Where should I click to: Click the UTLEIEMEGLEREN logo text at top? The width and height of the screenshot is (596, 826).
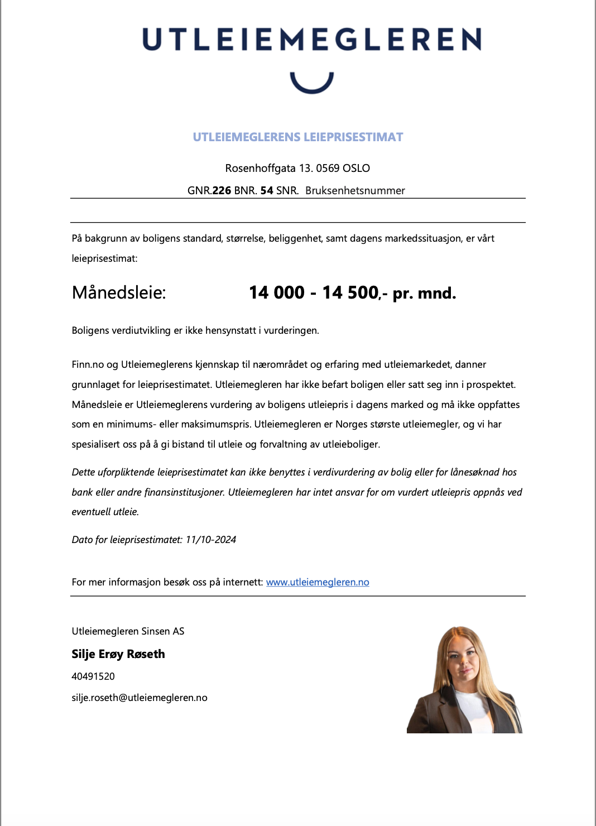311,40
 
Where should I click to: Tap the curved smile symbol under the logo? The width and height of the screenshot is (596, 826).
311,84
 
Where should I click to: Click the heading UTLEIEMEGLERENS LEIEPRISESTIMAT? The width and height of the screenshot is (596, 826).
297,137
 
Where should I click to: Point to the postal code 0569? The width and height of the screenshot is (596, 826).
328,169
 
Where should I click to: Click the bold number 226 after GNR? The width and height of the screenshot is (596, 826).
222,191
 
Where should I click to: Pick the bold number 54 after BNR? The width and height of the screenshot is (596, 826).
267,191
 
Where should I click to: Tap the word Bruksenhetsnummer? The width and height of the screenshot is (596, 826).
355,191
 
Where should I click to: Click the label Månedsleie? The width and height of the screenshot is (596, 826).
119,292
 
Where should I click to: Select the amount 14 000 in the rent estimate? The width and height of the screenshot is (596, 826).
277,292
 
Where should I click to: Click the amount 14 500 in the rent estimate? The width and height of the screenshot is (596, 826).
350,292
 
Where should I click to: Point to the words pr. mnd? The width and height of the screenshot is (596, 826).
424,294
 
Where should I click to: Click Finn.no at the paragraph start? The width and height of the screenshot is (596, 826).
88,364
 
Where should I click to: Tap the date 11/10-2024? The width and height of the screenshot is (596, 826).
211,540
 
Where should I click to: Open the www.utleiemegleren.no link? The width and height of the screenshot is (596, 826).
318,582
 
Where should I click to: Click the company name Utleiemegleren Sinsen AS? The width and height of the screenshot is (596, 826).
128,631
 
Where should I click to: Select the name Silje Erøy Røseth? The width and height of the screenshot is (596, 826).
118,654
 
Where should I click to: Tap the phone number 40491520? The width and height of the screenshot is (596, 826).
93,676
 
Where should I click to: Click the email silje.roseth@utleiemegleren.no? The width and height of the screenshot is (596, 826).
140,698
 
